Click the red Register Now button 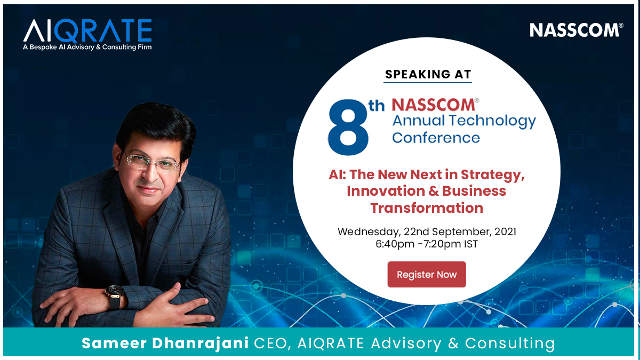tap(427, 274)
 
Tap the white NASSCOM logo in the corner tap(577, 30)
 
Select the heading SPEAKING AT tap(428, 74)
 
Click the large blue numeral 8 tap(348, 127)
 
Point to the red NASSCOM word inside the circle tap(433, 105)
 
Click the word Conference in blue tap(436, 138)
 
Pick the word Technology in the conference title tap(493, 122)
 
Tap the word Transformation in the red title tap(427, 207)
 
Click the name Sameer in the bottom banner tap(114, 343)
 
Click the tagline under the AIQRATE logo tap(87, 47)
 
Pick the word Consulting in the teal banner tap(510, 343)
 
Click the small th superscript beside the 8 tap(377, 106)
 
